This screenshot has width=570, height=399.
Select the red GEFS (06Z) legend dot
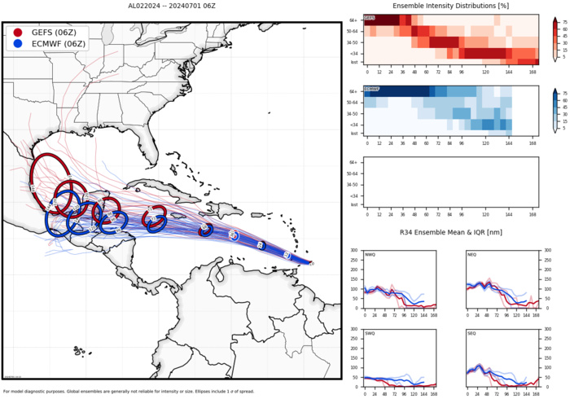click(x=18, y=32)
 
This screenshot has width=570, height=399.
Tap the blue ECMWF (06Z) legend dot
click(x=18, y=45)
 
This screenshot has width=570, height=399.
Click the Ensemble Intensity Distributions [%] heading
click(x=451, y=6)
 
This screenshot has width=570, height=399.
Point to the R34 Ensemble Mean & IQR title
click(x=450, y=234)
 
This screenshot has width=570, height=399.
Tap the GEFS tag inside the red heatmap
click(x=370, y=18)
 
